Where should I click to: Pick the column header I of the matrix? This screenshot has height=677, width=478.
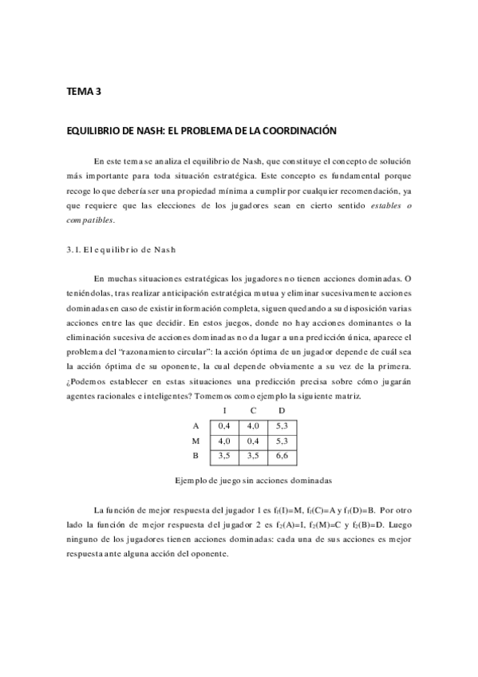[224, 412]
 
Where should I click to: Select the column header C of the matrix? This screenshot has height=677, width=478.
[252, 412]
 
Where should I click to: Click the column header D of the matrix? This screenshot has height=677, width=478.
[281, 412]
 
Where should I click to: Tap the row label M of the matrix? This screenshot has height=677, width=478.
[196, 441]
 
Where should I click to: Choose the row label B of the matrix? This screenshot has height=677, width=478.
[196, 455]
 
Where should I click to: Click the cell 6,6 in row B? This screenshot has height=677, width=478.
[282, 455]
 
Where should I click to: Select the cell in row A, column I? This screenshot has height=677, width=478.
[224, 426]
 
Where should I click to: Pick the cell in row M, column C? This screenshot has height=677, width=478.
[253, 441]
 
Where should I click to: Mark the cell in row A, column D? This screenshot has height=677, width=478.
[282, 426]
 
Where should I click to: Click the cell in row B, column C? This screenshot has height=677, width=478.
[253, 455]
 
